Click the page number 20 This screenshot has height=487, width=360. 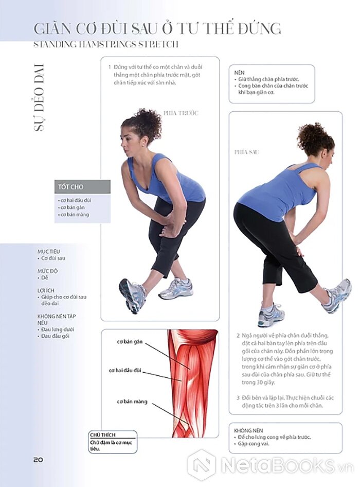[x=38, y=460]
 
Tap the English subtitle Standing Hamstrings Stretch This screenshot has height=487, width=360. [x=106, y=44]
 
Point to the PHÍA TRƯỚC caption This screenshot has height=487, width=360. [x=181, y=113]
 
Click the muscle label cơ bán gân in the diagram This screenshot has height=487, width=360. [x=130, y=342]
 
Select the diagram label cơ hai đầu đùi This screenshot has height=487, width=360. [x=125, y=371]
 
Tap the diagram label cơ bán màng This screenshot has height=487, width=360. [x=132, y=402]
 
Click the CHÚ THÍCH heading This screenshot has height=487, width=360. [x=102, y=435]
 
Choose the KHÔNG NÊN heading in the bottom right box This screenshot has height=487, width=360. [x=248, y=430]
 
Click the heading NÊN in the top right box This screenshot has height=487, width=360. [x=239, y=73]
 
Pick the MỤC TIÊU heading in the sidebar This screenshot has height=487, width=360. [x=49, y=252]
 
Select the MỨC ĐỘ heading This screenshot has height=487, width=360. [x=47, y=271]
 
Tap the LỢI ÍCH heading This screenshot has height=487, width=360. [x=46, y=290]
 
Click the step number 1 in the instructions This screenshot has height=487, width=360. [x=110, y=67]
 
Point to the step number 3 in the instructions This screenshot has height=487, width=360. [x=238, y=398]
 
